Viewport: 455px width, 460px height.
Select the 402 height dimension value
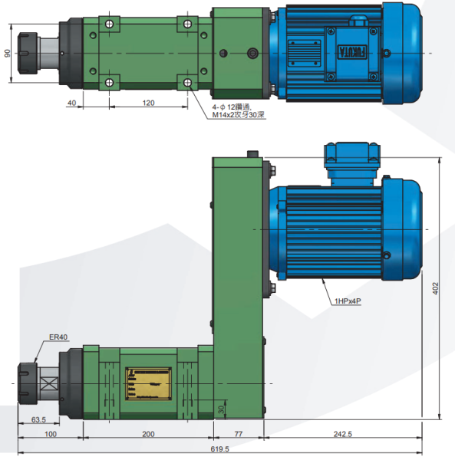click(435, 288)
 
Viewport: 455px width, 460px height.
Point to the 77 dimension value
click(238, 433)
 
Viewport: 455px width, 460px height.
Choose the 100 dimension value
click(51, 433)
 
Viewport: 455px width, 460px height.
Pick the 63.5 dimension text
click(38, 420)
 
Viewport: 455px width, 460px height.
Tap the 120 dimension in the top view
click(148, 102)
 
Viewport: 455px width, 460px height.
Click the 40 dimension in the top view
click(71, 102)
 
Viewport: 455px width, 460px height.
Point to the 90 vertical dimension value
click(7, 54)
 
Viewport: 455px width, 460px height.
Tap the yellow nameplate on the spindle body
click(149, 381)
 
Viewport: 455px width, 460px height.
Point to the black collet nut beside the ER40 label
click(28, 381)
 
